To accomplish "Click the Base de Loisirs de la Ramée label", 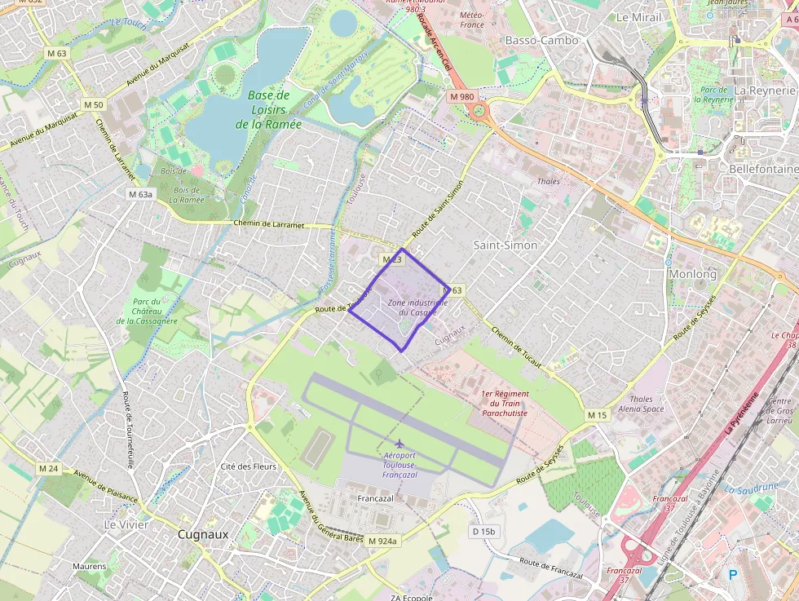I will coord(268,110).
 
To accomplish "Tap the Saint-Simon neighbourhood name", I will coord(505,245).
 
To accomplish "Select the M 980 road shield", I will coord(461,96).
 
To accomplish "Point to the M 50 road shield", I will coord(94,104).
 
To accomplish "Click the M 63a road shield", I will coord(140,195).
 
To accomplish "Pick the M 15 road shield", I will coord(598,416).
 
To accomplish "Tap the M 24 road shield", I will coord(48,468).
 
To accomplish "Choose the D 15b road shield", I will coord(483,531).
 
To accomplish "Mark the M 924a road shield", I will coord(382,541).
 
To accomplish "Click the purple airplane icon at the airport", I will coord(399,443).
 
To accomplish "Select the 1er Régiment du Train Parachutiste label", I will coord(505,404).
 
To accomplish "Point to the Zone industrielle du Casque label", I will coord(417,307).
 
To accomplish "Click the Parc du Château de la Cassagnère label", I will coord(147,312).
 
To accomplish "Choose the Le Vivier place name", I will coord(126,524).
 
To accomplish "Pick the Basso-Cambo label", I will coord(542,40).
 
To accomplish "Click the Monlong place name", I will coord(692,274).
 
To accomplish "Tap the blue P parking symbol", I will coord(732,575).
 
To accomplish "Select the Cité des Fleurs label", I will coord(249,466).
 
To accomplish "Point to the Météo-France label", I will coord(471,20).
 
